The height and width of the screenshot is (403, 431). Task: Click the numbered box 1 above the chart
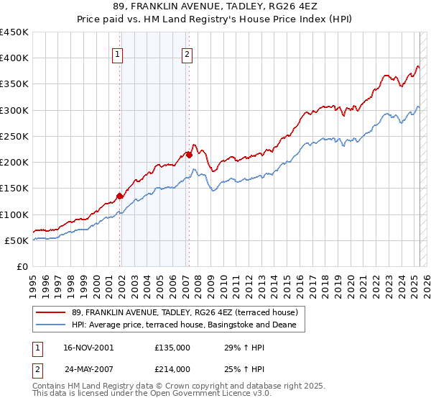[x=116, y=53]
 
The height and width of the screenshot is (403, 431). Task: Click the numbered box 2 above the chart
[x=187, y=53]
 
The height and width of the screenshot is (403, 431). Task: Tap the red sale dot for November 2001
[x=120, y=196]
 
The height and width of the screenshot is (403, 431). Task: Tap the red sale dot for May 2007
[x=189, y=155]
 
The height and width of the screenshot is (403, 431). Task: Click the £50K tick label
[x=17, y=240]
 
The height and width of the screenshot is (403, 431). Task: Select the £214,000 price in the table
[x=172, y=369]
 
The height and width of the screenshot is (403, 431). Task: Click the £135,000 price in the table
[x=172, y=348]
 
